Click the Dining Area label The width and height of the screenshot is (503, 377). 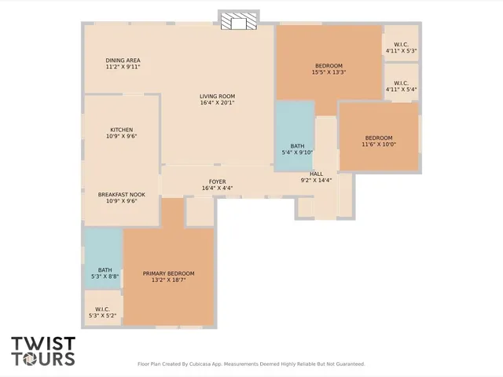[123, 60]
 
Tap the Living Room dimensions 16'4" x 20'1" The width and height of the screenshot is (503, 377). [217, 103]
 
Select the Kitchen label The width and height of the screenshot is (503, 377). [121, 130]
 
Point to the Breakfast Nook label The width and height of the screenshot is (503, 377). [121, 194]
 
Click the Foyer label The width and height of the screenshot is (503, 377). [217, 181]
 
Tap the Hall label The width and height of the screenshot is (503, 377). [316, 174]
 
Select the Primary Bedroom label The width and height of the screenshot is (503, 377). [168, 273]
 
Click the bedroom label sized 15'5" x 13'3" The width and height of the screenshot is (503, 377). [329, 65]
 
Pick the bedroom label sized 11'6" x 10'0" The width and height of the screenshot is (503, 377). [378, 137]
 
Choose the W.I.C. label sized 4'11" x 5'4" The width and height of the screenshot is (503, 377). [401, 83]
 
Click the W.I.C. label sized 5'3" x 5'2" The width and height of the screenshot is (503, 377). [102, 309]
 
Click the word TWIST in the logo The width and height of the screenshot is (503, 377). [43, 344]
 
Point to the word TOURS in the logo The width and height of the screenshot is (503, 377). [43, 359]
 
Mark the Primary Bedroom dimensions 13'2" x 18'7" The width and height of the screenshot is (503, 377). [168, 280]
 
